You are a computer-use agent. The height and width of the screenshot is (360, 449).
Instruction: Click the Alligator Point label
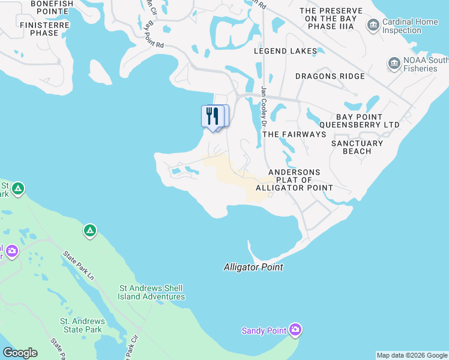pos(253,267)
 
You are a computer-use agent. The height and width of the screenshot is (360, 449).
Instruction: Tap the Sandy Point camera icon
pos(295,329)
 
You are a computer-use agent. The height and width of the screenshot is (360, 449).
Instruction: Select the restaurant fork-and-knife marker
pos(212,116)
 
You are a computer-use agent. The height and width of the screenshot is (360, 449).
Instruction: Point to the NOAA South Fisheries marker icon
pos(394,63)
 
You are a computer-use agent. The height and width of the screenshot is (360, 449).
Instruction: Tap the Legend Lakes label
pos(285,51)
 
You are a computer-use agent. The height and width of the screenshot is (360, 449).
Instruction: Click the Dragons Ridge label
pos(330,76)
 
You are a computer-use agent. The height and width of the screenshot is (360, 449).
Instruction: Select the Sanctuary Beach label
pos(357,147)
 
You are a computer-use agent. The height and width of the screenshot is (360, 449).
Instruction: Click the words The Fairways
pos(294,134)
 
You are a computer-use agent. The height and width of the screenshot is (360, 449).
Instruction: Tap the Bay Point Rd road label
pos(154,35)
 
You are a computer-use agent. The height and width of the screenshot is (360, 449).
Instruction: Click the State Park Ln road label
pos(79,266)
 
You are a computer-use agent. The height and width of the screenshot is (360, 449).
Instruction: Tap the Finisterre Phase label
pos(44,29)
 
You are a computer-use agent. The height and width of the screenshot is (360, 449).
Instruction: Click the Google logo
pos(20,353)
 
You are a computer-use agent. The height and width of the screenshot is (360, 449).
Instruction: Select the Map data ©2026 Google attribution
pos(412,355)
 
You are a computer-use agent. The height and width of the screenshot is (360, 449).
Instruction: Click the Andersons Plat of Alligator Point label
pos(294,180)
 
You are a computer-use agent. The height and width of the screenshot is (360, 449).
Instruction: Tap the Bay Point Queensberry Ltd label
pos(367,121)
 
